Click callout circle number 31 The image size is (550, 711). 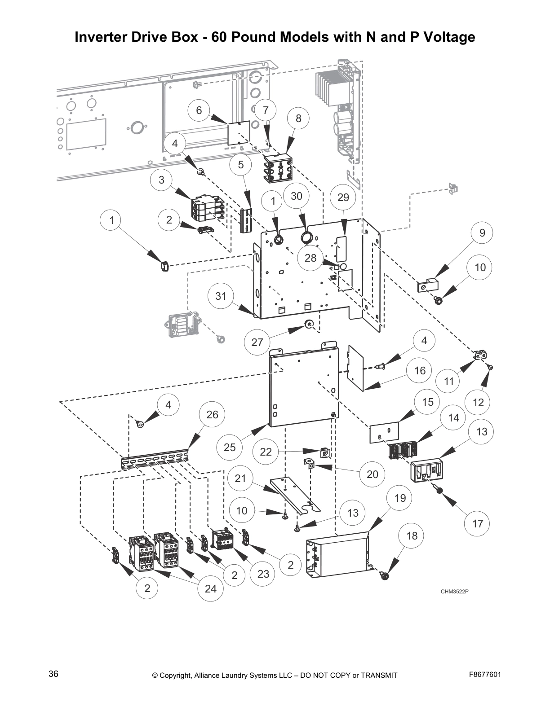pyautogui.click(x=221, y=296)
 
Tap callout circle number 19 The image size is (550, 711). pyautogui.click(x=400, y=498)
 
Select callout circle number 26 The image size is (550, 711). pyautogui.click(x=212, y=414)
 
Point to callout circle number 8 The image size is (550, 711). pyautogui.click(x=298, y=118)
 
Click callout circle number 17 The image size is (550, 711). pyautogui.click(x=477, y=523)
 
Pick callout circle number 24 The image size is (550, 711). pyautogui.click(x=210, y=589)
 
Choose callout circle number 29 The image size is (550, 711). pyautogui.click(x=343, y=197)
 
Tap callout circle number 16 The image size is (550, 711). pyautogui.click(x=420, y=371)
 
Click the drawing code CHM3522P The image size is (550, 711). pyautogui.click(x=454, y=591)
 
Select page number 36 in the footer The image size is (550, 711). pyautogui.click(x=53, y=674)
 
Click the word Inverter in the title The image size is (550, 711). pyautogui.click(x=102, y=37)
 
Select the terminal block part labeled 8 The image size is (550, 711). pyautogui.click(x=278, y=168)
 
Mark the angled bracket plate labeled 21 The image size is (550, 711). pyautogui.click(x=294, y=494)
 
